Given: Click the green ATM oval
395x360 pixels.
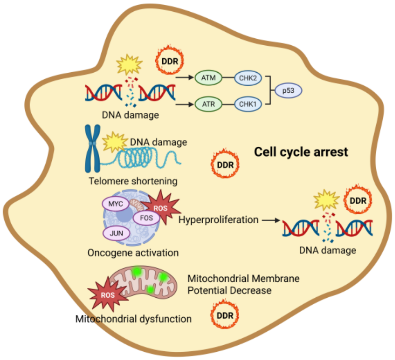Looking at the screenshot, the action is (x=208, y=77).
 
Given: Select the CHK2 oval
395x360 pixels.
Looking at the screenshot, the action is (x=248, y=78).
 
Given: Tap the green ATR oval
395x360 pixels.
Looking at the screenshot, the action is (x=208, y=104).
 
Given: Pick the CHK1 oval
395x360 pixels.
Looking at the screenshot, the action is (x=248, y=104).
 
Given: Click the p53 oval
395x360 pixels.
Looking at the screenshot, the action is (x=288, y=91).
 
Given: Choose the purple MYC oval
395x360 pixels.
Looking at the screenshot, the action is (x=116, y=203).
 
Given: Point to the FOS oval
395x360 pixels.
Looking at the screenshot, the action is (x=146, y=218).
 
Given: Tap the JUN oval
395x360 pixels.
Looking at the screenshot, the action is (x=117, y=233).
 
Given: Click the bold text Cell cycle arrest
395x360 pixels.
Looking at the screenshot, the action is (x=301, y=152).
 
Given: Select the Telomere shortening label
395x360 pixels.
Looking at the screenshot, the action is (x=133, y=181).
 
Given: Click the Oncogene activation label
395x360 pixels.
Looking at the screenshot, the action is (x=133, y=252).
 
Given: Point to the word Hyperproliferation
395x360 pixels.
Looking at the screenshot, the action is (x=218, y=220).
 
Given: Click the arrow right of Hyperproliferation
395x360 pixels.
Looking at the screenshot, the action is (x=271, y=220).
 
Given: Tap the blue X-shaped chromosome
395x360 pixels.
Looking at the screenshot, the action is (x=93, y=148).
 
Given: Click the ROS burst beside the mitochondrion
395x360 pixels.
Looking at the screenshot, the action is (x=108, y=294).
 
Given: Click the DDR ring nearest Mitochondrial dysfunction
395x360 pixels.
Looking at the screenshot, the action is (x=225, y=314).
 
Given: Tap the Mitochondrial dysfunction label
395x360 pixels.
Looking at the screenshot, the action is (x=134, y=319).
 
